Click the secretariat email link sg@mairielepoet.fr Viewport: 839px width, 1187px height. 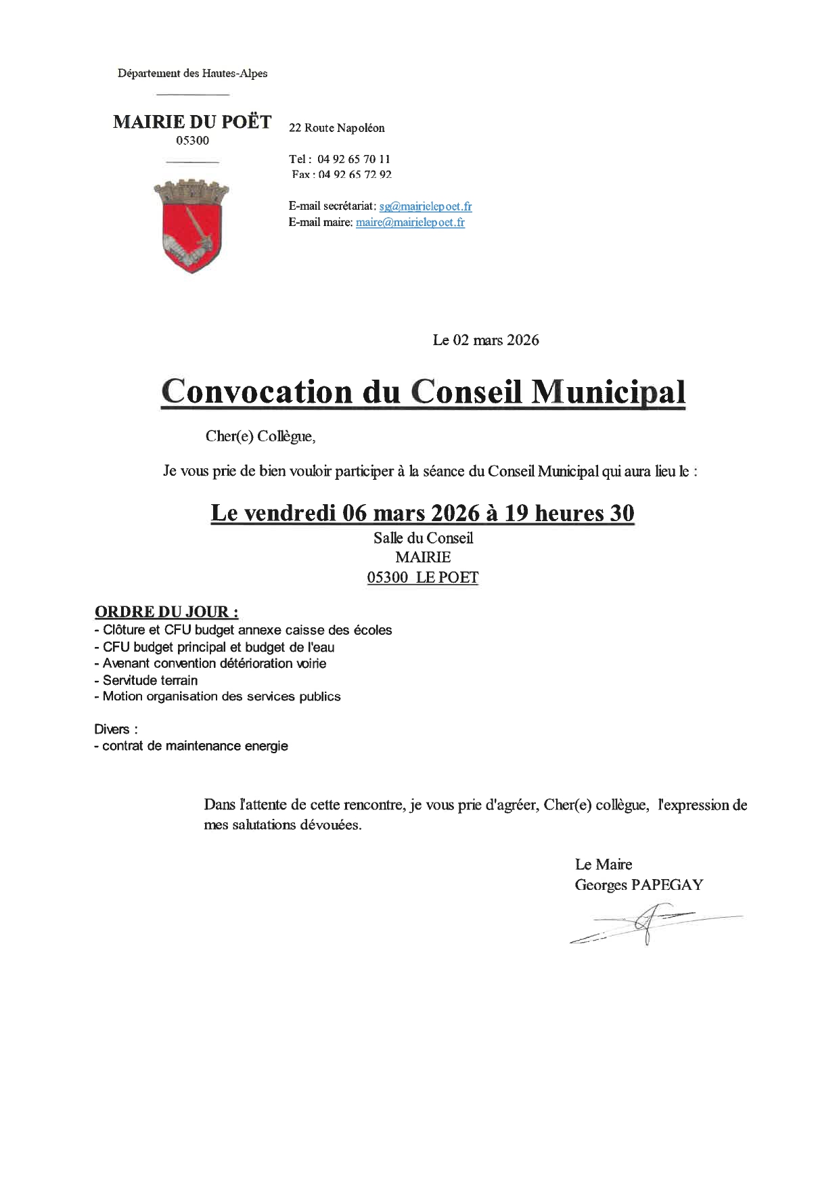click(x=425, y=206)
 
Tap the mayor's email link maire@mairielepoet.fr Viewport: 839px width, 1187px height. click(x=410, y=222)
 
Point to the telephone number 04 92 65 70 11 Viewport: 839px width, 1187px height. click(x=353, y=159)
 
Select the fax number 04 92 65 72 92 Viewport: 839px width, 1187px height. click(x=355, y=175)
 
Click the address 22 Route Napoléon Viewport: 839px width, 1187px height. click(x=336, y=128)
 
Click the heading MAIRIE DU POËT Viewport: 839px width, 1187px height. click(x=192, y=122)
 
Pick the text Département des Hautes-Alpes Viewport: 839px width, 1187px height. click(x=192, y=73)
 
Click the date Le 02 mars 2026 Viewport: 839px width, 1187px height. click(x=486, y=340)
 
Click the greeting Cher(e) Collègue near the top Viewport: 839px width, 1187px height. click(x=260, y=436)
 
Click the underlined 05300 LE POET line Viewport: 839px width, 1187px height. click(x=422, y=577)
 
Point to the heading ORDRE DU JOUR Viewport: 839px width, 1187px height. click(x=166, y=612)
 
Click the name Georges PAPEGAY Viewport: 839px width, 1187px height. click(x=638, y=884)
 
